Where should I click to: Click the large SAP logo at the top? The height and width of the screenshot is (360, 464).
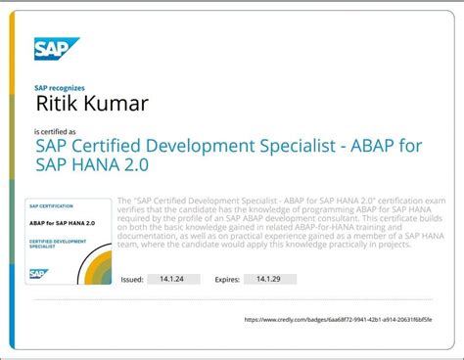57,48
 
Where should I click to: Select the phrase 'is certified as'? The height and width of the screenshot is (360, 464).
56,131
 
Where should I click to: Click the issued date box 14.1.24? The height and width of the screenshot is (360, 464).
172,279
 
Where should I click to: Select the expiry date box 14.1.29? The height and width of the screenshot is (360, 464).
269,279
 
